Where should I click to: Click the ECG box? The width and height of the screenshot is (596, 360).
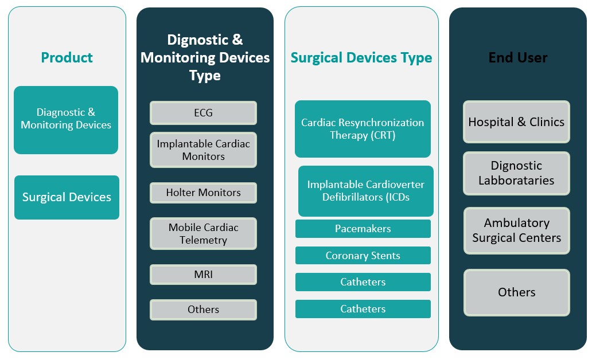click(x=204, y=113)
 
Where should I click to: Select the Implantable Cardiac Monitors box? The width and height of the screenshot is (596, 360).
click(x=204, y=150)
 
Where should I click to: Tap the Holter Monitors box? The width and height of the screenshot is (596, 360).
click(x=204, y=193)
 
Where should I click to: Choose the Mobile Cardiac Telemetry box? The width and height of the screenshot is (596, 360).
click(x=204, y=233)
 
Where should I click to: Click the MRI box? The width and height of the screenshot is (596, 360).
click(x=204, y=274)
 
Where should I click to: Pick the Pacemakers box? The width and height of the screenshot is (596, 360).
click(x=363, y=229)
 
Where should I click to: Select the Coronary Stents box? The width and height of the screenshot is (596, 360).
click(x=363, y=256)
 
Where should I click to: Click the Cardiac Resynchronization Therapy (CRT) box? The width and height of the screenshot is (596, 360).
click(x=363, y=129)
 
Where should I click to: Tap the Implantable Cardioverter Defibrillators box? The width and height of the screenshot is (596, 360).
click(x=365, y=191)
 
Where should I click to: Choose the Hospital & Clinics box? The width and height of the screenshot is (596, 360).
click(x=517, y=122)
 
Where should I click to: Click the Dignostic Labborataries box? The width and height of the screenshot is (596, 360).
click(x=517, y=173)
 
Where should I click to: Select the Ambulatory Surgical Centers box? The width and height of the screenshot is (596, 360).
click(x=517, y=230)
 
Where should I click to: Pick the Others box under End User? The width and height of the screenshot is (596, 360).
click(x=517, y=292)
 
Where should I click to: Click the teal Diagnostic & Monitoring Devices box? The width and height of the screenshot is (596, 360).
click(x=66, y=120)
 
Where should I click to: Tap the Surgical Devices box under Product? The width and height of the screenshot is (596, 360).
click(x=67, y=197)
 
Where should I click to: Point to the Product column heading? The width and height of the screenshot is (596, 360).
click(x=67, y=58)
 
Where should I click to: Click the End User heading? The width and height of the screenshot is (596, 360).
click(x=517, y=58)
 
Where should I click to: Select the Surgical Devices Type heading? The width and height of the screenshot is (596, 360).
click(x=361, y=58)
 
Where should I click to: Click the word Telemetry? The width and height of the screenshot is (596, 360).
click(x=204, y=240)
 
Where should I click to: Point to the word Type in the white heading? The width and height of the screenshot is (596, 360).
click(x=205, y=76)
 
